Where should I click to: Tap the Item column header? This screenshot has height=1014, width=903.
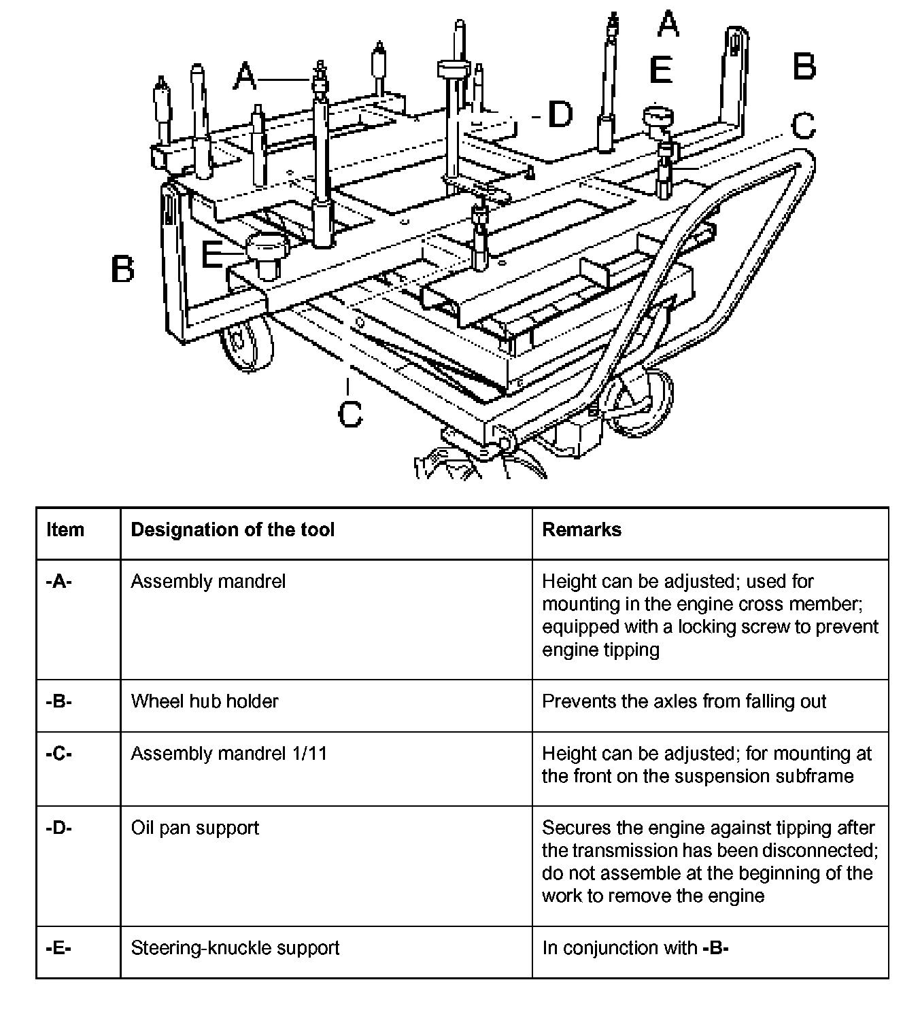click(65, 530)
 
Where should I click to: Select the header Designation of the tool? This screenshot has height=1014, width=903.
click(233, 530)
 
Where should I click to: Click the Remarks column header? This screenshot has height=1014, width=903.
click(581, 530)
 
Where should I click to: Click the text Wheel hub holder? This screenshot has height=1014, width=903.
click(205, 701)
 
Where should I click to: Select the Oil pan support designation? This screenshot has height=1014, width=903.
click(195, 828)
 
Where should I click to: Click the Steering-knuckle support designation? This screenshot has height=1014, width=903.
click(235, 948)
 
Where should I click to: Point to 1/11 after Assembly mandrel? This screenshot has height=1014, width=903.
click(309, 754)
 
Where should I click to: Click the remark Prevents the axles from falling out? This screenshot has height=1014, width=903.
click(684, 701)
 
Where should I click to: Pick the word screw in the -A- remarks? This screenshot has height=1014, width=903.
click(769, 627)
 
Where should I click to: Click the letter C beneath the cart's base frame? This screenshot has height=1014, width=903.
click(350, 413)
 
